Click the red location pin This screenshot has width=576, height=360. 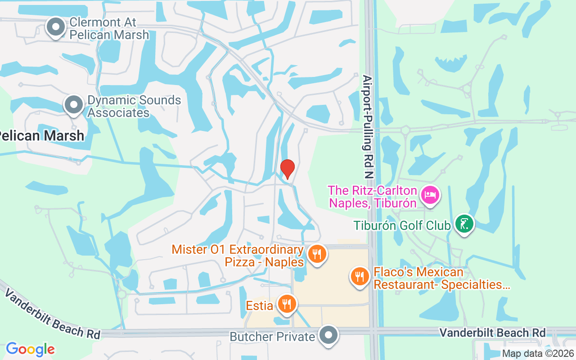(x=287, y=169)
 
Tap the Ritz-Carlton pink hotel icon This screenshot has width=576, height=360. (x=430, y=195)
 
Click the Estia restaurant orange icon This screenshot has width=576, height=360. (x=286, y=304)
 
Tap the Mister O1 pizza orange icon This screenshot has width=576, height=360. (x=317, y=254)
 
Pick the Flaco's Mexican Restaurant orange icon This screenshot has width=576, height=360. (x=360, y=275)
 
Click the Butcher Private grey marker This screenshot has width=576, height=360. (x=329, y=335)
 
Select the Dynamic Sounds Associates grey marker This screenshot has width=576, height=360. (x=74, y=105)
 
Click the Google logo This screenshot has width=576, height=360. (x=30, y=349)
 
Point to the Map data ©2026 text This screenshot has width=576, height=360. (x=538, y=354)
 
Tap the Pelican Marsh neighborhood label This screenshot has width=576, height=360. (x=41, y=135)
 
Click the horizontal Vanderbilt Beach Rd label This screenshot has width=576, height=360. (x=492, y=333)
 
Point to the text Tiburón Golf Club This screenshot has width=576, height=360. (x=402, y=225)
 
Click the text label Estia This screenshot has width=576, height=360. (x=259, y=306)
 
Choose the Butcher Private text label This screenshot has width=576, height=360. (x=272, y=337)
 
